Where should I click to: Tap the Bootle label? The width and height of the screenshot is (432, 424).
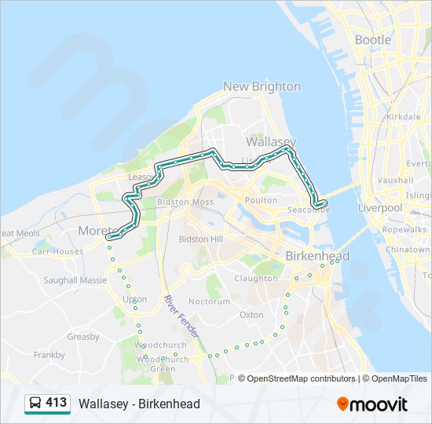(x=372, y=39)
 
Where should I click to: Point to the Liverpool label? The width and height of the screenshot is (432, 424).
(x=380, y=208)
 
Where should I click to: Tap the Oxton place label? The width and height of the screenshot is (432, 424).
(x=252, y=314)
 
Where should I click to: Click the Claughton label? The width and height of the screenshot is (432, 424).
(x=256, y=278)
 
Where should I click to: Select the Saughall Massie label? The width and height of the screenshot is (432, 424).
(x=75, y=280)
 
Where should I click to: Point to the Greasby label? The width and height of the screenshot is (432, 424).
(x=83, y=337)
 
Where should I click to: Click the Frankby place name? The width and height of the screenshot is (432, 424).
(x=49, y=355)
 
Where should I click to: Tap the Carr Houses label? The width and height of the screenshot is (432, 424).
(x=57, y=251)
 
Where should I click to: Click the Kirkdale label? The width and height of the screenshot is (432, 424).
(x=404, y=116)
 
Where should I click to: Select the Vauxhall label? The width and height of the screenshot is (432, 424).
(x=395, y=180)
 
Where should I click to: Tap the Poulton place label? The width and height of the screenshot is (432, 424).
(x=262, y=200)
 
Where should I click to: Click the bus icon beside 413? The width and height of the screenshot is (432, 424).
(x=35, y=404)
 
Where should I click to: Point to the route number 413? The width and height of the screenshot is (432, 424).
(x=56, y=403)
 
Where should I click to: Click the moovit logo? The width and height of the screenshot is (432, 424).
(x=372, y=404)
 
